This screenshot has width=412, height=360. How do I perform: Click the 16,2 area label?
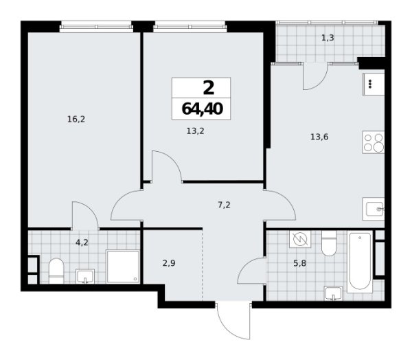click(76, 119)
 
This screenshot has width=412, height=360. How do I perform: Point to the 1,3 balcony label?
click(328, 38)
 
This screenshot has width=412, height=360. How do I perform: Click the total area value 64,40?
click(202, 107)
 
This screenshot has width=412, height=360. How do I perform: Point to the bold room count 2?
click(202, 87)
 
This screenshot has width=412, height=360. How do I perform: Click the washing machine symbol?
click(299, 239)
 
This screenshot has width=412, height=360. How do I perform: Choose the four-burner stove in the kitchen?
click(374, 143)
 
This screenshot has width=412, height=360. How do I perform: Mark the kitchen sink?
click(376, 207)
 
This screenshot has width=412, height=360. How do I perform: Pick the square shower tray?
click(123, 266)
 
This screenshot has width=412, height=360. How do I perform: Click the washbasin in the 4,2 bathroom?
click(85, 275)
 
